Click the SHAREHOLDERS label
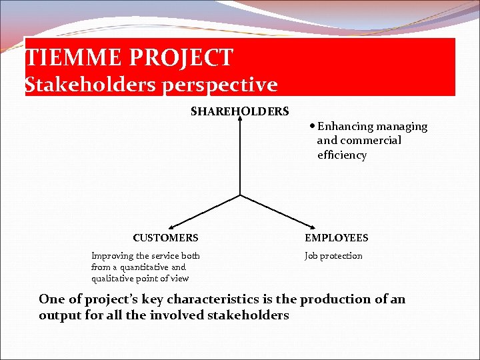coord(240,111)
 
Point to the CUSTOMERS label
coord(165,237)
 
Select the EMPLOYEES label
coord(336,237)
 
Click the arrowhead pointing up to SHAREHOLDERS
coord(240,121)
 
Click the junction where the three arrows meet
coord(240,195)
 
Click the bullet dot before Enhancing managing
coord(313,126)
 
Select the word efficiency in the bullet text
coord(342,155)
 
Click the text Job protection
coord(333,256)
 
